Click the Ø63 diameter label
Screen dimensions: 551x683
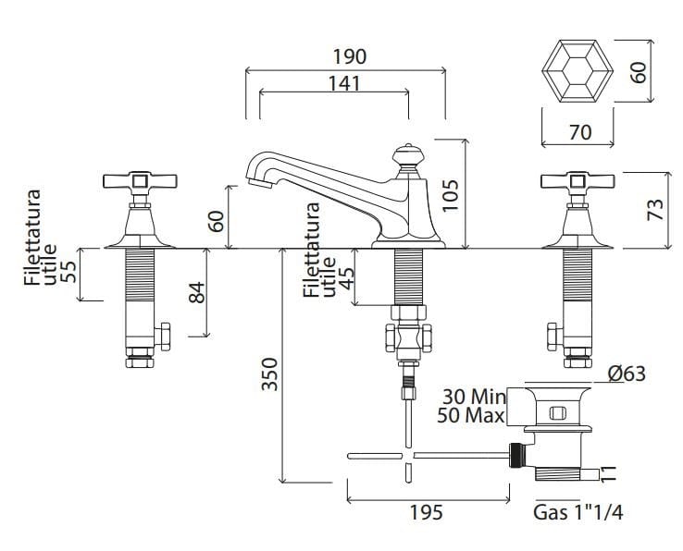(627, 373)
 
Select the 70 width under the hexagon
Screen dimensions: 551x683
(579, 133)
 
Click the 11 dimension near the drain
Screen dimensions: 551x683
(608, 474)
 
